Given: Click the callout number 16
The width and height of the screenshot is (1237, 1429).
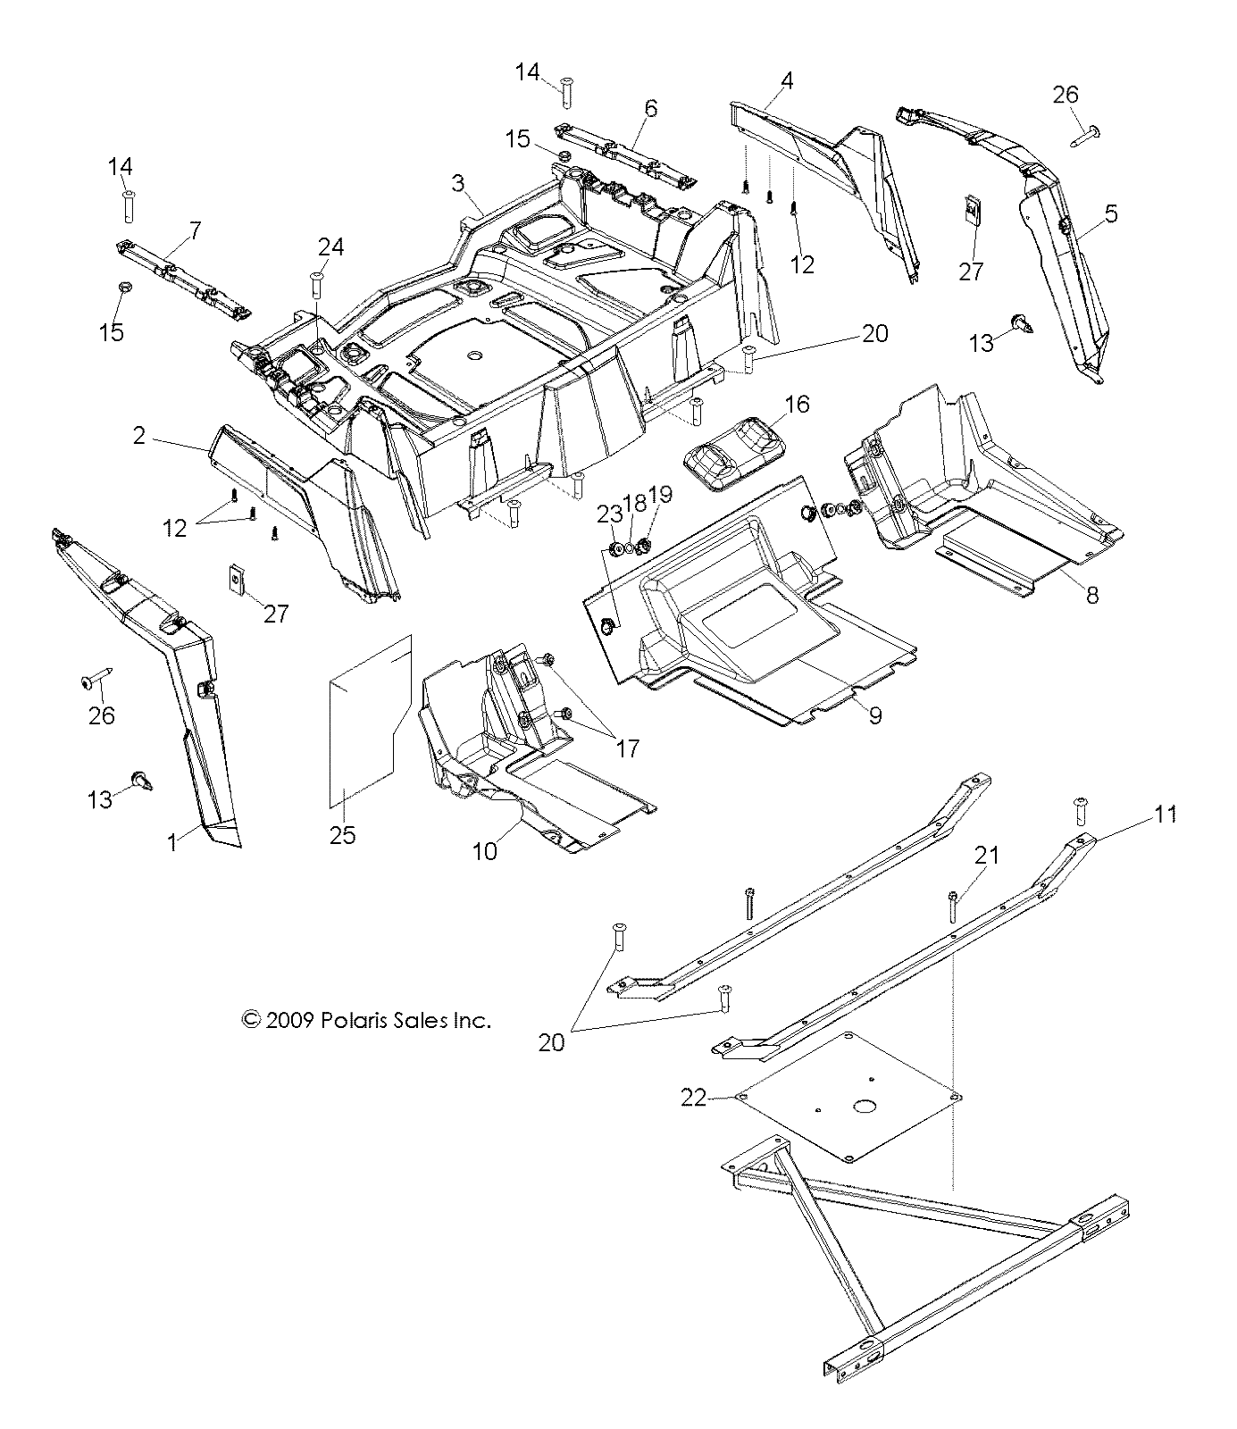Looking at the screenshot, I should (796, 405).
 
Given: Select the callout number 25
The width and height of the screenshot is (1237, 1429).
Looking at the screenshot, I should (343, 835).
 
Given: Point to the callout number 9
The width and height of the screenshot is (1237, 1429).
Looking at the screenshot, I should (874, 715).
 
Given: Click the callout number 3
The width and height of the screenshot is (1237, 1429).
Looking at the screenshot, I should (458, 184).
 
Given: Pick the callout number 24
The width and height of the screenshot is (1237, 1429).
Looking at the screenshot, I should (330, 247).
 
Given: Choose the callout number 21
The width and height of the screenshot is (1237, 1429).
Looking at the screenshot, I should (987, 855).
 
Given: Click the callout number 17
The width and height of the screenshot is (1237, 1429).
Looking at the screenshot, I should (628, 748).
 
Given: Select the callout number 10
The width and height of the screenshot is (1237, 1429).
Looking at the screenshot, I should (484, 851).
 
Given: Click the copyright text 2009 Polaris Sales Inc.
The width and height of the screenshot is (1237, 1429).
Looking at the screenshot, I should (366, 1020).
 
